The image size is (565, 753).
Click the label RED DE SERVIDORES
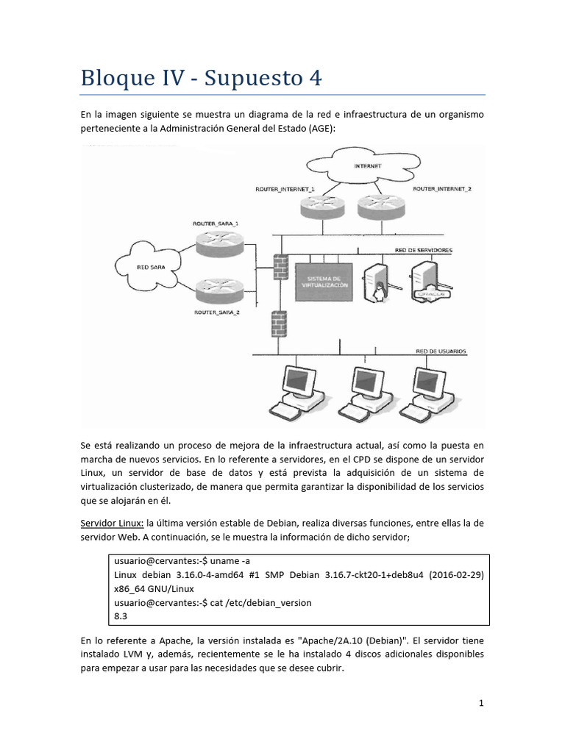click(x=424, y=250)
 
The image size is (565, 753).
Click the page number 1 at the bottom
click(x=481, y=703)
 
